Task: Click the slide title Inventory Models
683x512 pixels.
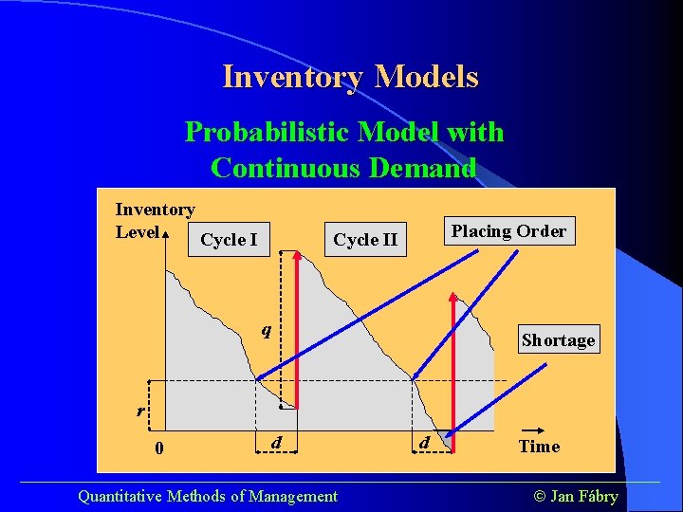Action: (350, 76)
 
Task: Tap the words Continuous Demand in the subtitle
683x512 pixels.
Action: (343, 168)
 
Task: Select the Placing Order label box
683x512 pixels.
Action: (508, 231)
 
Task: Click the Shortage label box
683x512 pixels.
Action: (558, 339)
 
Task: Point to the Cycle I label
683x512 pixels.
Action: (229, 240)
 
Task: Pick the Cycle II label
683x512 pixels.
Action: (365, 240)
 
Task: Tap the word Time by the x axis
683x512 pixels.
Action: (539, 446)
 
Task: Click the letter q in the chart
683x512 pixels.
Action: (268, 330)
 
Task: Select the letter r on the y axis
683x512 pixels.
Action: (140, 411)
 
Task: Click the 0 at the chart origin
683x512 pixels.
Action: (158, 448)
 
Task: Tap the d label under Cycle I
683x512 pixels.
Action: (275, 442)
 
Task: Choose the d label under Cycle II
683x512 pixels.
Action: (425, 442)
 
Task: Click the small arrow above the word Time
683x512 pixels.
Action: (537, 429)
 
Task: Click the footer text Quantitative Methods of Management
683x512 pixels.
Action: (207, 496)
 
